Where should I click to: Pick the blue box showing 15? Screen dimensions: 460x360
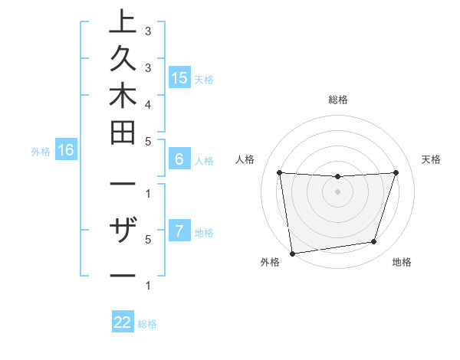coord(179,77)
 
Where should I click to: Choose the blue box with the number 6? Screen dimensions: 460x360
coord(179,159)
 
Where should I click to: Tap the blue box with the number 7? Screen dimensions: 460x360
coord(179,231)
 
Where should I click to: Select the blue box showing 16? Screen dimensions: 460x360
coord(66,150)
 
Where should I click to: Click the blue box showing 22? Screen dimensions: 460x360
coord(123,322)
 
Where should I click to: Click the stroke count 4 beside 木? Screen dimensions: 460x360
coord(147,103)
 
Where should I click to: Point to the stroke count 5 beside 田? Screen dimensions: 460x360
coord(147,141)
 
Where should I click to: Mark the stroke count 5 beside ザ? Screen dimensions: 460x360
coord(147,238)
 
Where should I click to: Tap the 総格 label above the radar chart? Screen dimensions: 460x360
coord(337,100)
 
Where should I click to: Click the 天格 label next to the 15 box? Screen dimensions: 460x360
coord(203,79)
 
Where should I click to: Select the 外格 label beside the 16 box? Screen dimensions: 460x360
coord(41,152)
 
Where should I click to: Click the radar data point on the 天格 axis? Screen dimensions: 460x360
coord(396,172)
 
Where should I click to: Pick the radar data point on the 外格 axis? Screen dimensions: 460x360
coord(292,253)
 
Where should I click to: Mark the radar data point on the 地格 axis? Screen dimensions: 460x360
coord(374,242)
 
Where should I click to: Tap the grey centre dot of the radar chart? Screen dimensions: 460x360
coord(337,191)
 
